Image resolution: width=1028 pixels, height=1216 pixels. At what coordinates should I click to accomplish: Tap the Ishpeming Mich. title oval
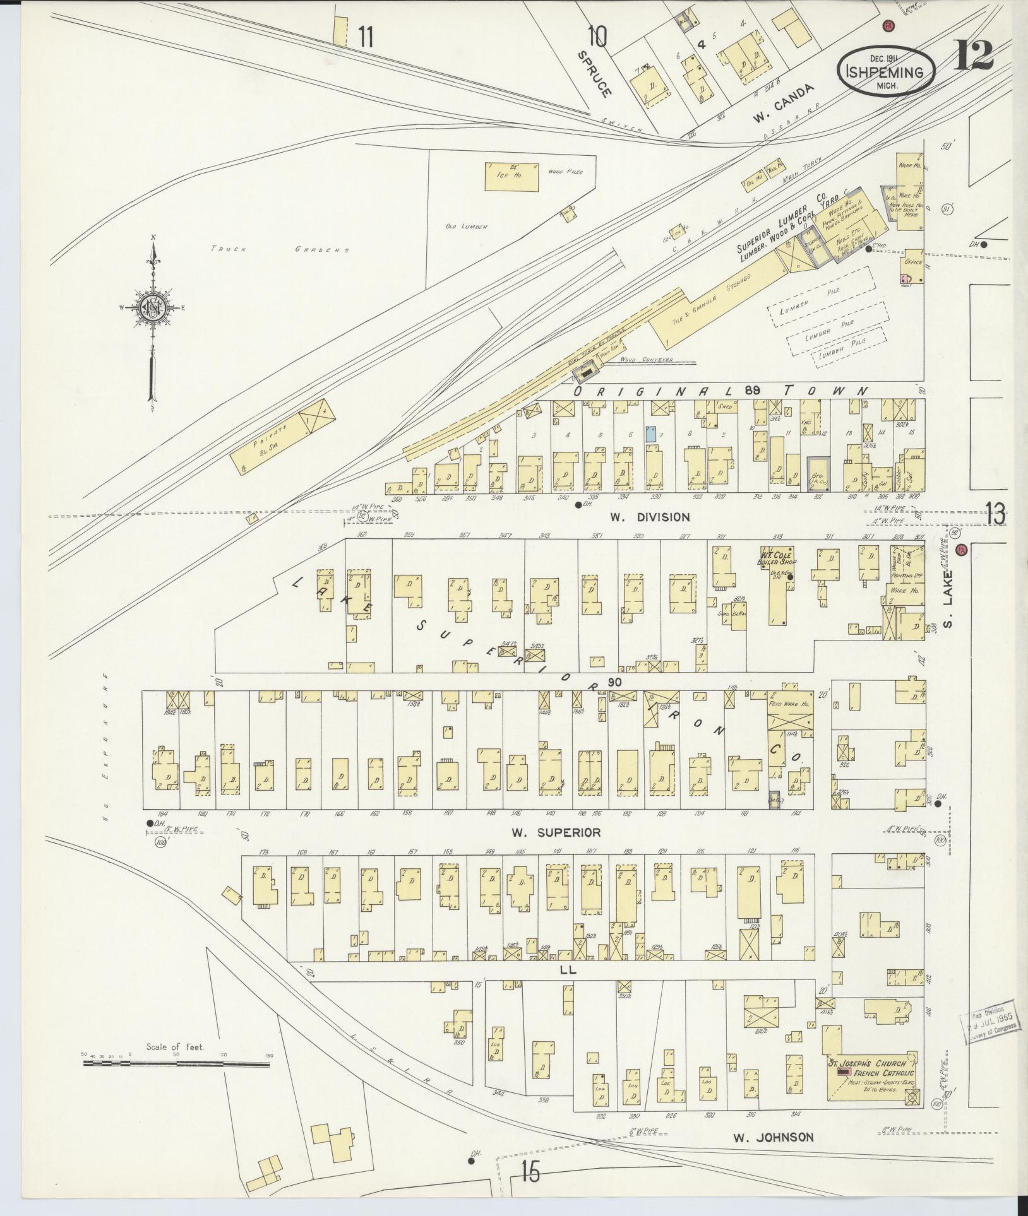tap(887, 71)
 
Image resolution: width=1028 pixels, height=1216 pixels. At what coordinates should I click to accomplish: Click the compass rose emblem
tap(153, 307)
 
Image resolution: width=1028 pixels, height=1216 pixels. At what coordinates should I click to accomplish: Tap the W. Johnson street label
tap(773, 1137)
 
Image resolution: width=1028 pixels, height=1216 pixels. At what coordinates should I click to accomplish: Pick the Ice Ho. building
tap(512, 176)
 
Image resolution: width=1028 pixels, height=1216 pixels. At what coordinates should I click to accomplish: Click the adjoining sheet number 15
tap(530, 1172)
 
